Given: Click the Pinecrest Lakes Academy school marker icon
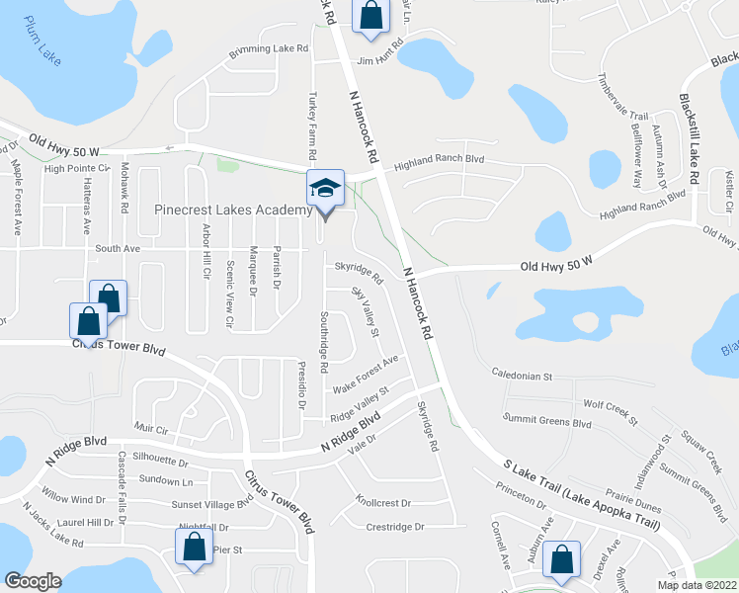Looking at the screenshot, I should (x=324, y=189).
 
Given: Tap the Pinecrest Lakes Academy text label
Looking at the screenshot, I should (x=233, y=210).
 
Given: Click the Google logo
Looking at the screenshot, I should (x=33, y=581).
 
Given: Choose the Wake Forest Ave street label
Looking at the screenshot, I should (x=365, y=372).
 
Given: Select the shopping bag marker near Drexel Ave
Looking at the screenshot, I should (x=562, y=560).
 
